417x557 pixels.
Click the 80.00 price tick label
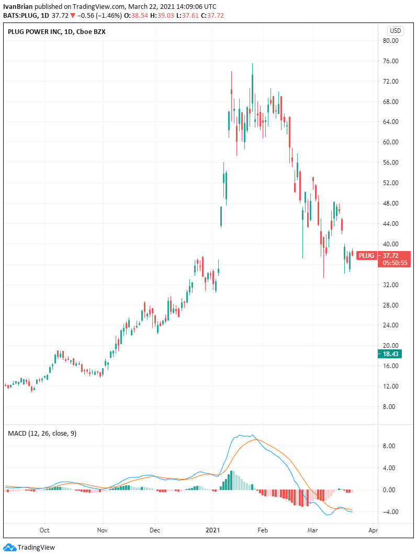tap(392, 41)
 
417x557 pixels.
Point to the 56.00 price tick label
tap(392, 163)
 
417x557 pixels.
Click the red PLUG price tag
tap(367, 255)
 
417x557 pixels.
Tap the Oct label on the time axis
tap(44, 529)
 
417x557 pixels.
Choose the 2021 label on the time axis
tap(213, 529)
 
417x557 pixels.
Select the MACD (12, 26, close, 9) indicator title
tap(42, 433)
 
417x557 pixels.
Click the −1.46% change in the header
tap(108, 15)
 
